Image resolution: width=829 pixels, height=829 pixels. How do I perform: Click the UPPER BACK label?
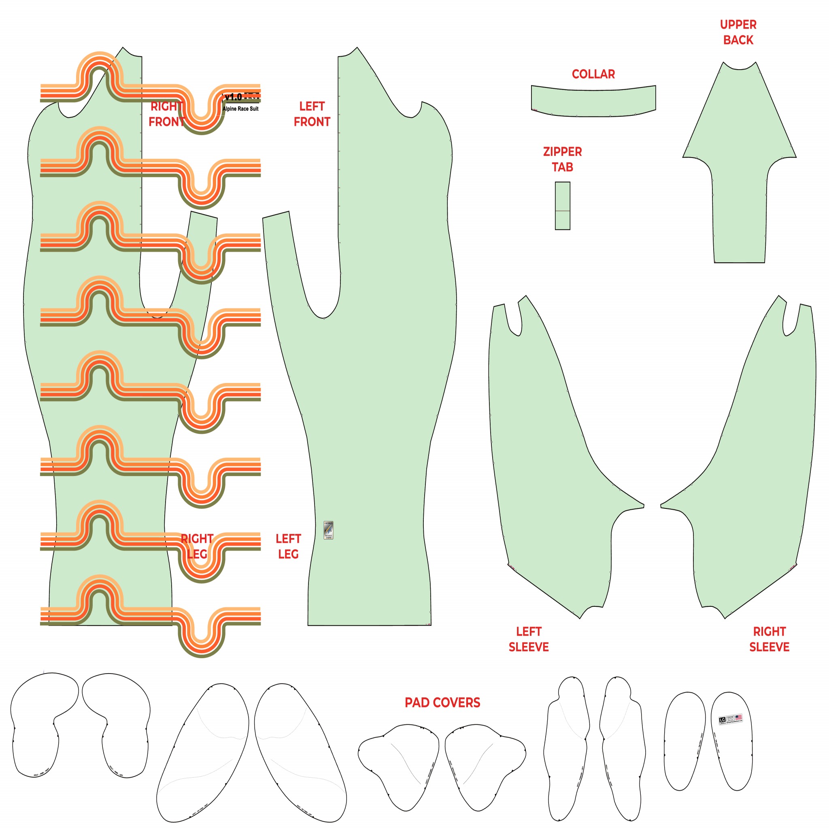[x=738, y=32]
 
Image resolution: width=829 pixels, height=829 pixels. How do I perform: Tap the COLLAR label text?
[x=593, y=74]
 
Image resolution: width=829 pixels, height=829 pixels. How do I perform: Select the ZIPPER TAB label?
[x=562, y=159]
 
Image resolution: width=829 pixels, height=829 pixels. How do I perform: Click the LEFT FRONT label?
[x=312, y=114]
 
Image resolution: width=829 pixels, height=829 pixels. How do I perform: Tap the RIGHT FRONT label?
[x=166, y=114]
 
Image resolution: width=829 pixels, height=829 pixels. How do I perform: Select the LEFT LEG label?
[x=288, y=546]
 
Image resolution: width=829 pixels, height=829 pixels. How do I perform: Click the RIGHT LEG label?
[x=197, y=546]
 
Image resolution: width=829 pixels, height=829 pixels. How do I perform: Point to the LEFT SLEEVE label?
[x=529, y=639]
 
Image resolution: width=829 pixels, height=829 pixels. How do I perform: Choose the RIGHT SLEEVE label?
[x=769, y=639]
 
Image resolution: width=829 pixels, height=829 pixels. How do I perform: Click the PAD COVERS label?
[x=442, y=702]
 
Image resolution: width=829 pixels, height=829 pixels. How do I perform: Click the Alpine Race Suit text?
[x=240, y=109]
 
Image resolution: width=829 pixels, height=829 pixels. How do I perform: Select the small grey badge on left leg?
[x=328, y=530]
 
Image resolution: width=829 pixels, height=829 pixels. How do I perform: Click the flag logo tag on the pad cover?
[x=730, y=720]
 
